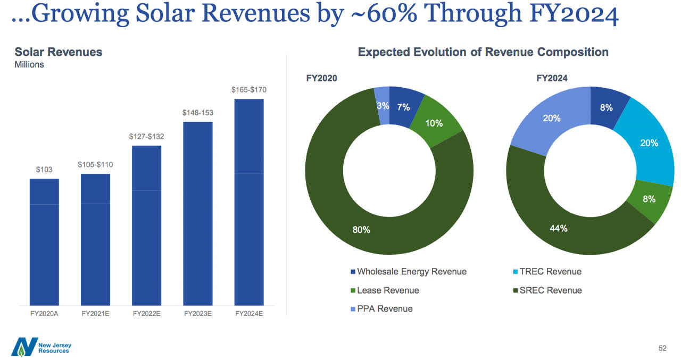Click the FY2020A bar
tap(44, 241)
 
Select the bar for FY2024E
tap(249, 202)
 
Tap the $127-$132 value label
tap(146, 137)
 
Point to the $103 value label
tap(44, 170)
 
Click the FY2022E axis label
tap(146, 314)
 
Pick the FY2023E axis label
tap(198, 314)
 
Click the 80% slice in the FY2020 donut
tap(361, 230)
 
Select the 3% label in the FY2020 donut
tap(383, 106)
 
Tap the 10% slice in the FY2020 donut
tap(434, 123)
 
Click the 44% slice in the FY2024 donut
tap(559, 228)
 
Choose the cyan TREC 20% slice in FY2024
tap(649, 143)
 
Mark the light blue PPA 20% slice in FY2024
tap(552, 118)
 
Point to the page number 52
tap(662, 348)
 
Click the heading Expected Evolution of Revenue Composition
tap(483, 52)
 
